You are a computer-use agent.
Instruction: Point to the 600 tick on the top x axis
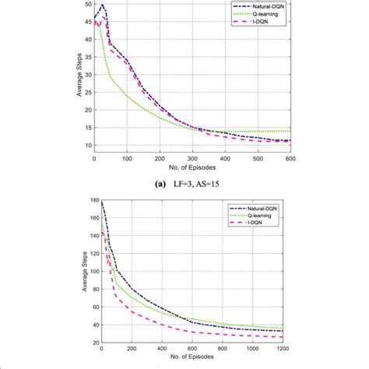pos(290,159)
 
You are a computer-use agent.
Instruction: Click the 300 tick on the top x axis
pos(192,159)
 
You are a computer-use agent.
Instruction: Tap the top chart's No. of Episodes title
pos(192,167)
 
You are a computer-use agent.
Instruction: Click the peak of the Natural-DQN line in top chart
pos(102,5)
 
